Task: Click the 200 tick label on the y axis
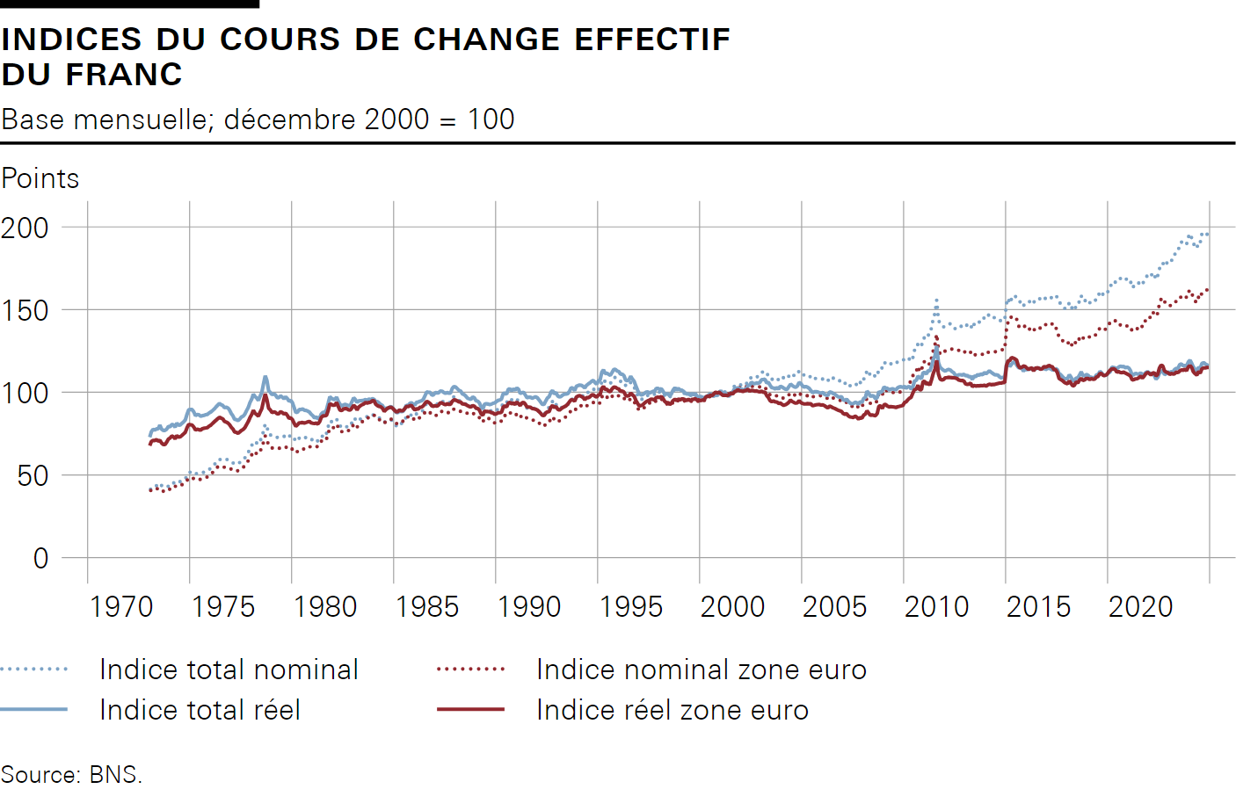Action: tap(25, 228)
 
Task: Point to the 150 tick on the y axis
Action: tap(25, 310)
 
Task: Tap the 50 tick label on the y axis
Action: tap(33, 475)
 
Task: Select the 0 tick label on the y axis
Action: tap(40, 558)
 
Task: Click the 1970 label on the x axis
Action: tap(121, 606)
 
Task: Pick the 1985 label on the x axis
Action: tap(427, 606)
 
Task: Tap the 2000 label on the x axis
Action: tap(732, 606)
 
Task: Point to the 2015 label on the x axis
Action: tap(1038, 606)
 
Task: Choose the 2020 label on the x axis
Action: tap(1140, 606)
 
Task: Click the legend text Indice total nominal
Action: tap(229, 670)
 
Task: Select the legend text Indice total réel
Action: tap(200, 710)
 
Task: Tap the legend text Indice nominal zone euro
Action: tap(702, 670)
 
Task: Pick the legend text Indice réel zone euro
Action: tap(673, 710)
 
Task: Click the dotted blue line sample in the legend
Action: tap(34, 670)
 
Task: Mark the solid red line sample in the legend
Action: tap(470, 709)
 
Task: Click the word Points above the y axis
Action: tap(40, 178)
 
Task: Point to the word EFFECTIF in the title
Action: tap(652, 40)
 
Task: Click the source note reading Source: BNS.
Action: tap(71, 774)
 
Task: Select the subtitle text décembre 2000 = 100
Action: tap(369, 119)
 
